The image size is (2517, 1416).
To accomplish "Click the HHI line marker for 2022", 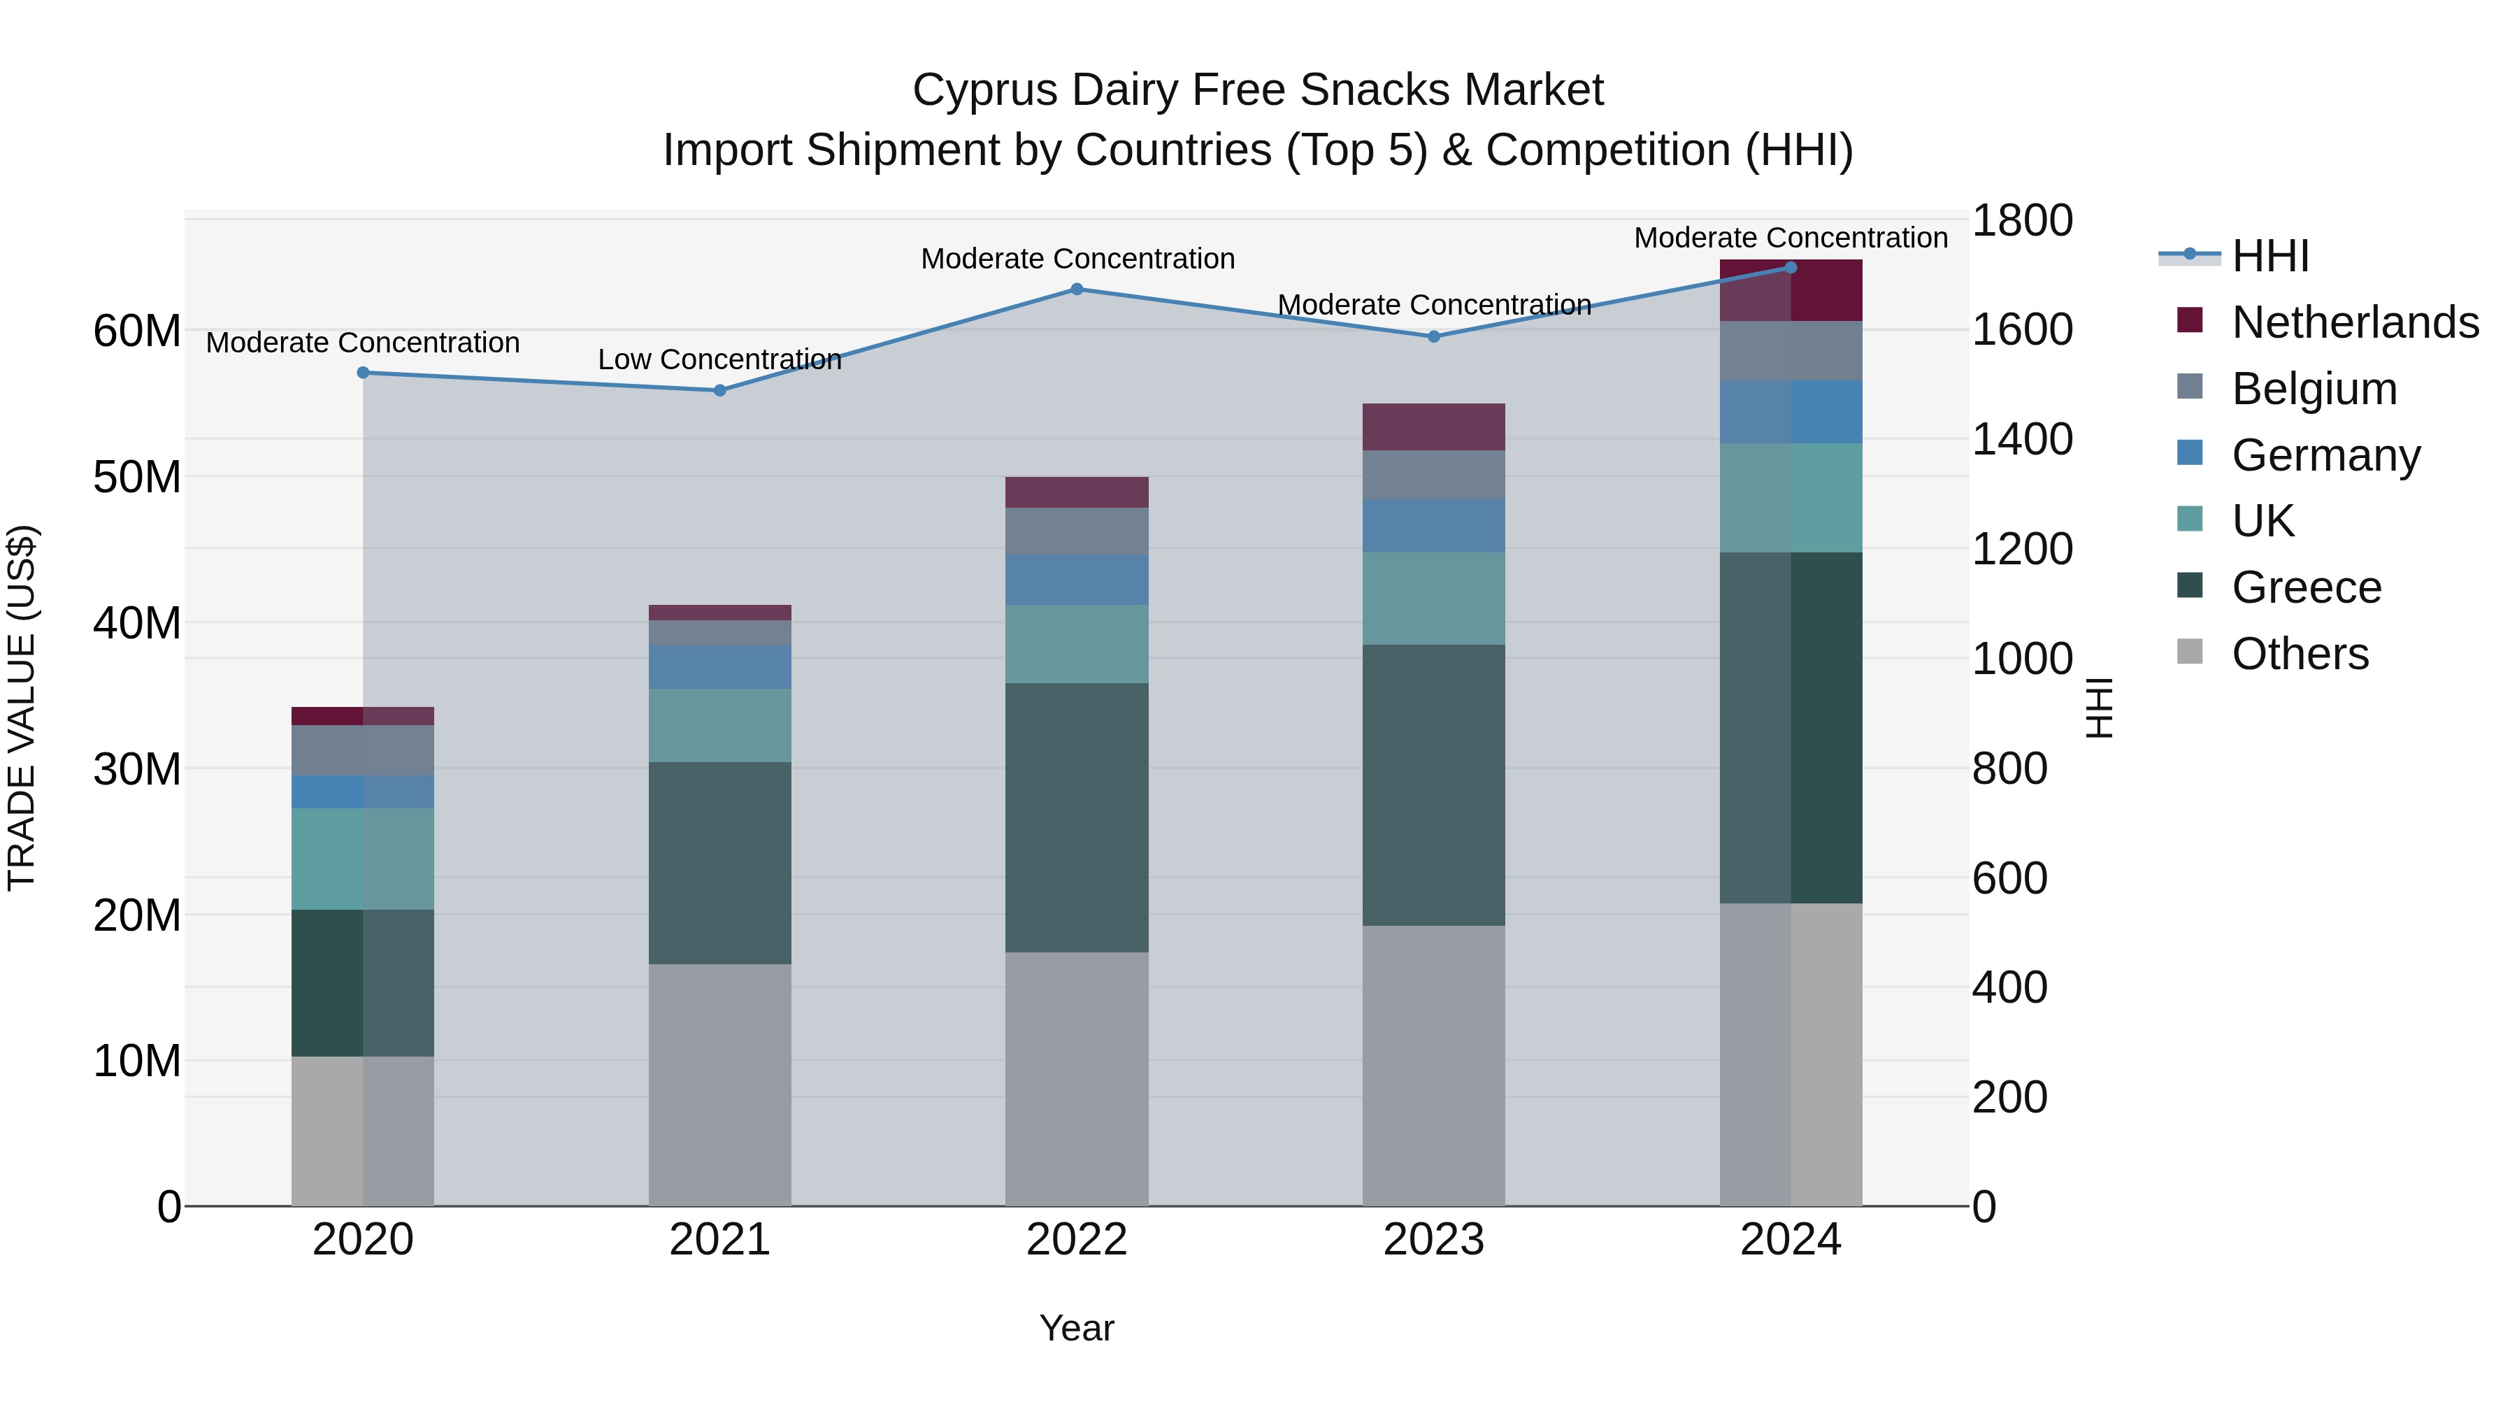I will pyautogui.click(x=1077, y=289).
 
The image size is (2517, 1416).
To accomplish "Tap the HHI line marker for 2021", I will pyautogui.click(x=720, y=390).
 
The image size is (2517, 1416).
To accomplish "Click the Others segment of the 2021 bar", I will pyautogui.click(x=720, y=1085).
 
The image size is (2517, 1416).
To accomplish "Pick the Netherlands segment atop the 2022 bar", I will pyautogui.click(x=1077, y=492).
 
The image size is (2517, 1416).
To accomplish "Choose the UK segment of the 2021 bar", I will pyautogui.click(x=720, y=725).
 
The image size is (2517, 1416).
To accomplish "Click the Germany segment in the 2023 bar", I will pyautogui.click(x=1433, y=526).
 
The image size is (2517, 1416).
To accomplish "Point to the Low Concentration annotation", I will pyautogui.click(x=719, y=359).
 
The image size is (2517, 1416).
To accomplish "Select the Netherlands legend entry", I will pyautogui.click(x=2354, y=322).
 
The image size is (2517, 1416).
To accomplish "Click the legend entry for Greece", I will pyautogui.click(x=2306, y=587).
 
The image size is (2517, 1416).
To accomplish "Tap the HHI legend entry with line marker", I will pyautogui.click(x=2269, y=256).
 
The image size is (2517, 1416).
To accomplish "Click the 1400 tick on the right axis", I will pyautogui.click(x=2021, y=438).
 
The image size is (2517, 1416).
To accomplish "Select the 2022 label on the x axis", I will pyautogui.click(x=1077, y=1240).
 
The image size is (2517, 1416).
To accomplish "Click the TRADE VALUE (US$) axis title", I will pyautogui.click(x=22, y=708).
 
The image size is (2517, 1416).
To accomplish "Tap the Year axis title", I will pyautogui.click(x=1077, y=1328).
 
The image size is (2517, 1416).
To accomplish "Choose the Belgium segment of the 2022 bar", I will pyautogui.click(x=1077, y=531).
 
